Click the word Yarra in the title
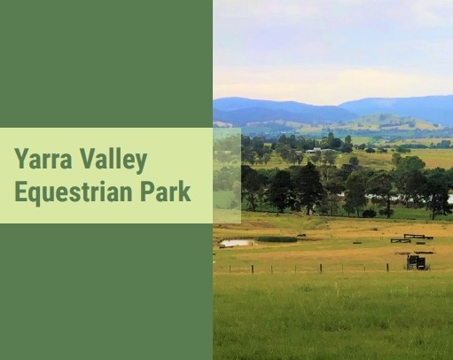(x=43, y=159)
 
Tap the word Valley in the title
(x=113, y=160)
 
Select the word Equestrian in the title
(x=74, y=192)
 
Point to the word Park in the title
(x=166, y=191)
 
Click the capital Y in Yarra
(x=22, y=159)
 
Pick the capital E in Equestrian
(x=20, y=192)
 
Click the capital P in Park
(x=146, y=192)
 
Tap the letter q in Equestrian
(x=35, y=195)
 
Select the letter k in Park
(x=185, y=192)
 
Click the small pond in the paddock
(x=237, y=243)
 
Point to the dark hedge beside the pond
(x=277, y=239)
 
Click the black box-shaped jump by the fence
(x=417, y=262)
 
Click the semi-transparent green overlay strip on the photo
(x=227, y=176)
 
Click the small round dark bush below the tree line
(x=369, y=214)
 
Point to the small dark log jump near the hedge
(x=301, y=235)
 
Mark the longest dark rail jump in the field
(x=418, y=237)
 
